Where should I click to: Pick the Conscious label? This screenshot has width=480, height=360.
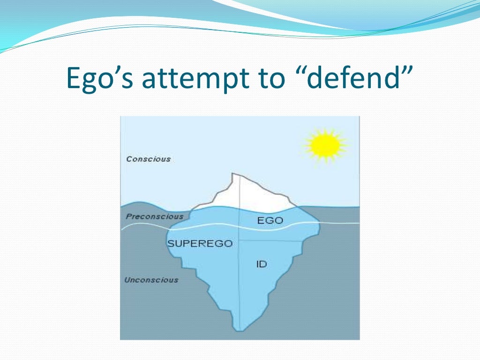tap(148, 159)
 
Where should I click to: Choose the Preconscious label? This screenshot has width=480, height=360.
tap(155, 217)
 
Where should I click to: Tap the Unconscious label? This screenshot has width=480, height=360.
tap(151, 280)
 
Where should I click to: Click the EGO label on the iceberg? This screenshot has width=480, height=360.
tap(270, 220)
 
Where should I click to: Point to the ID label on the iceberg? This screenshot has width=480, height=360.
tap(261, 264)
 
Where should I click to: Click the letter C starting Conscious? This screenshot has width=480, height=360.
tap(129, 159)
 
